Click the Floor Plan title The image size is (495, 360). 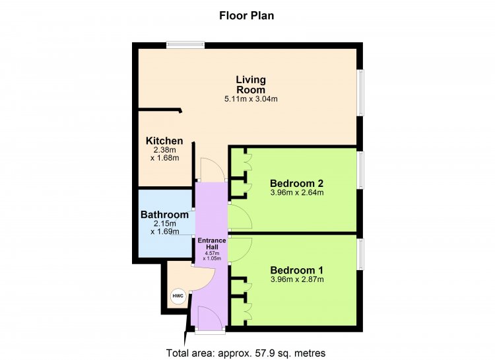247,15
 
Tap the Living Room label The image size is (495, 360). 251,85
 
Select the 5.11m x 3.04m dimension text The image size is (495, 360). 251,99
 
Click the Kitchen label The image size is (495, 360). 164,141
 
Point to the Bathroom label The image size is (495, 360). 164,215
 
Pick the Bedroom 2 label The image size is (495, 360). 297,184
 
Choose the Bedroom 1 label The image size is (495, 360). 297,270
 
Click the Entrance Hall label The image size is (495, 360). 212,243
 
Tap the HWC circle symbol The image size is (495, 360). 178,297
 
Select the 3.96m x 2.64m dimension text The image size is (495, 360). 297,192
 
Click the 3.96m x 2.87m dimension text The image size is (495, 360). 297,279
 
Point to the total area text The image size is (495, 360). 246,353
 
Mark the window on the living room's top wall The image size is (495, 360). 185,45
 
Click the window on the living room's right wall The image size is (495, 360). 360,92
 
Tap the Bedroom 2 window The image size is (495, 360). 360,170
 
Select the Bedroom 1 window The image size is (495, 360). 360,254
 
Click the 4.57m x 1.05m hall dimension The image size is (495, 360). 212,256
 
